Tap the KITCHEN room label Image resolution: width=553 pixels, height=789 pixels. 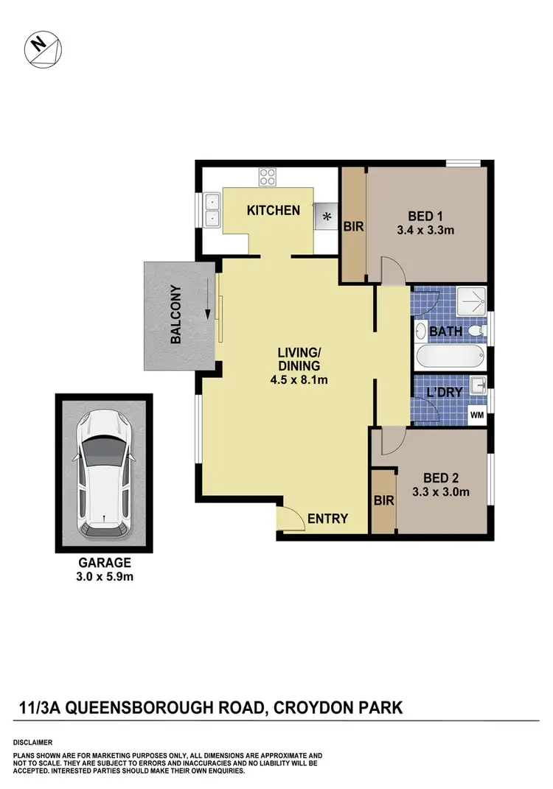pos(273,211)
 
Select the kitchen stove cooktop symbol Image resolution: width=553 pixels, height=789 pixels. pos(267,177)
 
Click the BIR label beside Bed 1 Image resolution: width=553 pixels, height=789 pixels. pos(353,227)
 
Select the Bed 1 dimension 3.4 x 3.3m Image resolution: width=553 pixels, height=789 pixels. pos(425,230)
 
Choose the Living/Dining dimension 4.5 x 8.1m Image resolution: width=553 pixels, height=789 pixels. pos(299,380)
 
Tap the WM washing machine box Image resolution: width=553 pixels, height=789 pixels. pos(478,415)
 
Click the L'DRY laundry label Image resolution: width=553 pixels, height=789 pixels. pos(445,393)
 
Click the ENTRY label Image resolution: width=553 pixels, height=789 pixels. pos(327,519)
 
